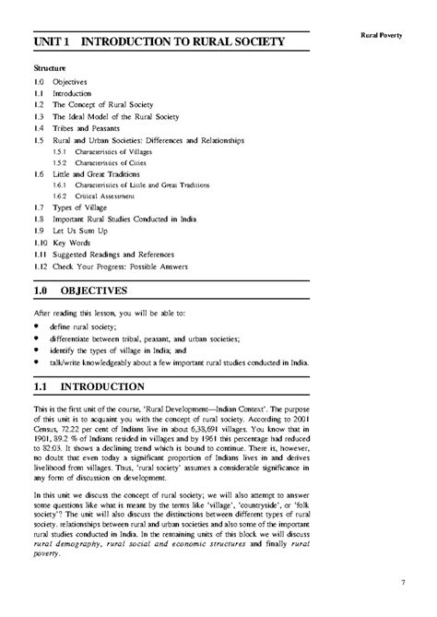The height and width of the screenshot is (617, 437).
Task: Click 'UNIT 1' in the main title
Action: point(53,42)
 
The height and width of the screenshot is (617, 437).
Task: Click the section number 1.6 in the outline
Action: point(39,173)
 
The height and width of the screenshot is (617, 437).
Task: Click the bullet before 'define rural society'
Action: point(37,326)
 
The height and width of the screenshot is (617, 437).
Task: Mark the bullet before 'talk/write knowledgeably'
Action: point(37,361)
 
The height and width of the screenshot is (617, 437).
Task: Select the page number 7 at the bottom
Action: point(403,582)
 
